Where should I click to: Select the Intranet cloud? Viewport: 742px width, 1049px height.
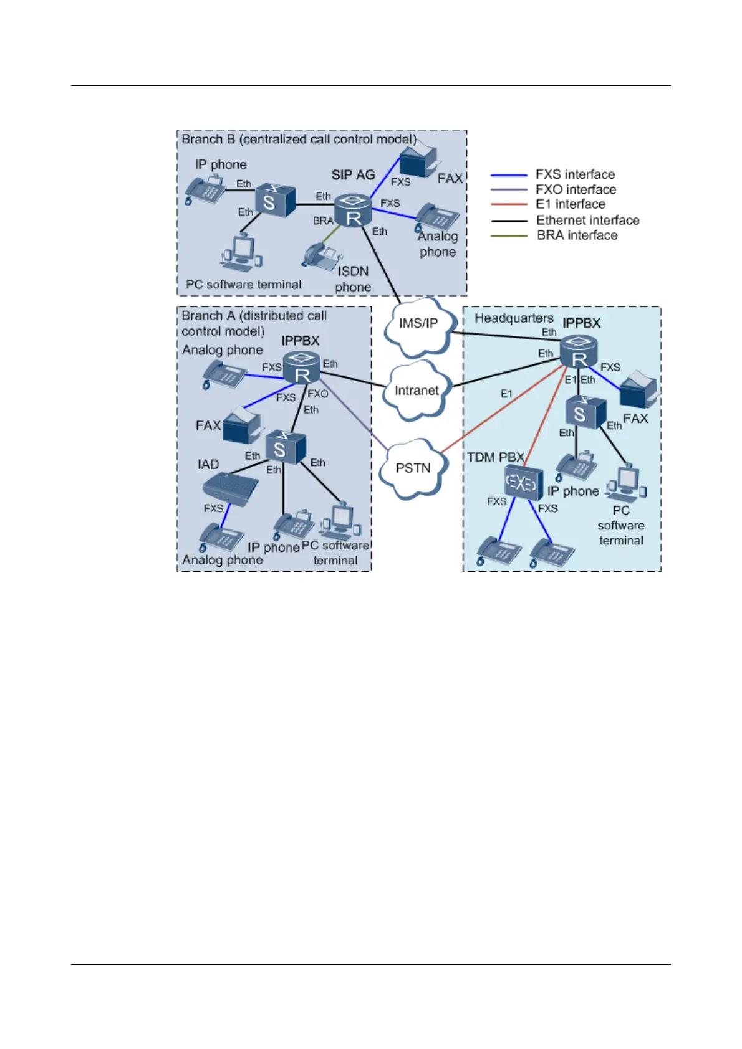click(417, 391)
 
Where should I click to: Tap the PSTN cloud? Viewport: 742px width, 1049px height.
click(413, 468)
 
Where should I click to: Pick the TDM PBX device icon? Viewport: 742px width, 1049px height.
click(523, 482)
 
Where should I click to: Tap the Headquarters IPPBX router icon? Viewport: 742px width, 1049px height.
click(579, 352)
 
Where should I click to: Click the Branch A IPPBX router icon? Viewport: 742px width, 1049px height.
click(302, 368)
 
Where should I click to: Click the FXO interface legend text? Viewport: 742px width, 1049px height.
click(576, 189)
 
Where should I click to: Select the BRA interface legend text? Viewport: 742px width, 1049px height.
click(577, 235)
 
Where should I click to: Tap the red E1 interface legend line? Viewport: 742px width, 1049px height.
click(509, 204)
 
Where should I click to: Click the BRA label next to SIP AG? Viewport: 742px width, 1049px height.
click(323, 221)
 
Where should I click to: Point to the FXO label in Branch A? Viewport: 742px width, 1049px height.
click(317, 394)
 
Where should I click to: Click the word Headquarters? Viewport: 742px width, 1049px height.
click(514, 318)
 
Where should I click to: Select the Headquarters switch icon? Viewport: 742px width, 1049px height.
click(585, 413)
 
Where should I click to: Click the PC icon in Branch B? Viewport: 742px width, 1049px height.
click(242, 252)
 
